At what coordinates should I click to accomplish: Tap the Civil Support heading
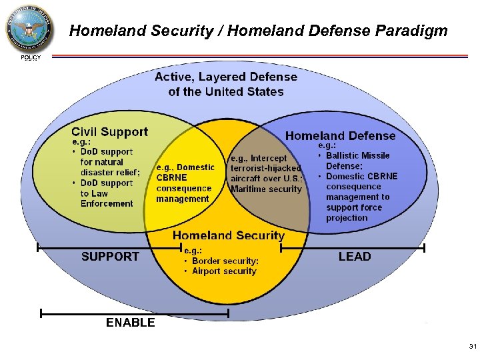[109, 132]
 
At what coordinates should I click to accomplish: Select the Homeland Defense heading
[340, 136]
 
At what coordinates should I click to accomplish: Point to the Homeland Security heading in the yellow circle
[228, 235]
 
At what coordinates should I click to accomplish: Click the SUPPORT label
[110, 257]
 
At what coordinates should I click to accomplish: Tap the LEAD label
[355, 257]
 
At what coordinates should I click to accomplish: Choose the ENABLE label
[131, 323]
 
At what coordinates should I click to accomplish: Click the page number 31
[473, 347]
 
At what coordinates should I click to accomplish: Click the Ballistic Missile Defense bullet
[358, 161]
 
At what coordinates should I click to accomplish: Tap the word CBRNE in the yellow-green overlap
[171, 178]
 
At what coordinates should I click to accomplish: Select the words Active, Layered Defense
[226, 77]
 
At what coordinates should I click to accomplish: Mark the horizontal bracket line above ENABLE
[134, 312]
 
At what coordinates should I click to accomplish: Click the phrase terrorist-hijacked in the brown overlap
[265, 169]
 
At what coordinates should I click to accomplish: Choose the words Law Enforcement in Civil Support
[107, 199]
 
